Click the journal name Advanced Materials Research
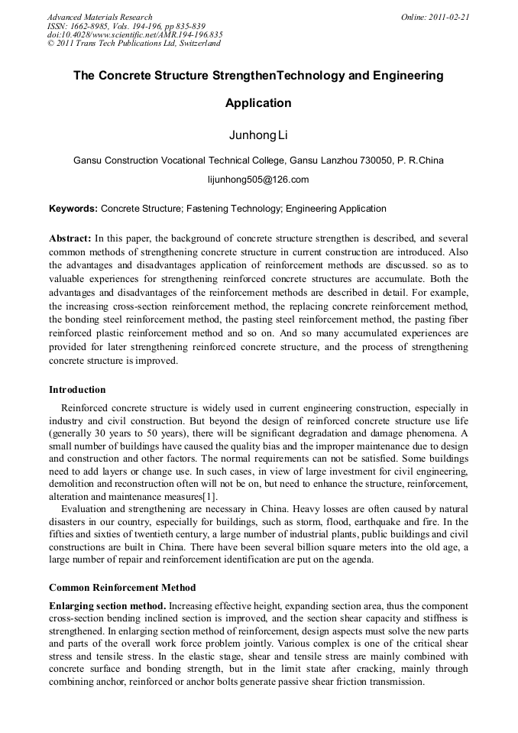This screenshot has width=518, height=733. click(99, 17)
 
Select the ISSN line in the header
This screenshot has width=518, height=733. click(126, 26)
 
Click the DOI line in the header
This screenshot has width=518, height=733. click(134, 34)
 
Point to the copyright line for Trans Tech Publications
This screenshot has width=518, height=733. click(134, 44)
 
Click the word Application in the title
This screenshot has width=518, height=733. click(258, 103)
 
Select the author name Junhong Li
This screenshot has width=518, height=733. click(258, 135)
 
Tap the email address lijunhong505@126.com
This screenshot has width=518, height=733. click(258, 180)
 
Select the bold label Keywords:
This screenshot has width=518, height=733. click(73, 209)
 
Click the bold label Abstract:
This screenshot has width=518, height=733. click(70, 238)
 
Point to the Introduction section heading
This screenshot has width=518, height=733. click(77, 390)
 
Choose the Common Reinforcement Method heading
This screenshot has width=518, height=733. click(122, 588)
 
